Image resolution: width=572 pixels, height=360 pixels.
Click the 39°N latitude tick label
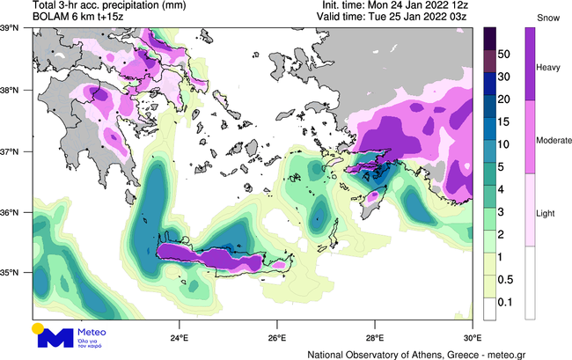(x=16, y=29)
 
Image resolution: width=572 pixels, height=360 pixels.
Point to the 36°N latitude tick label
(x=16, y=212)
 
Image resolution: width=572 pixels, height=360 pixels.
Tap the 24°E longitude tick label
(x=180, y=337)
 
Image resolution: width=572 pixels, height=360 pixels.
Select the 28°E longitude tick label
(x=375, y=337)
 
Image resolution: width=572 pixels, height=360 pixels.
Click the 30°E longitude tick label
(x=472, y=337)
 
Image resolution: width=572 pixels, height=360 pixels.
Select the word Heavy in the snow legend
(x=549, y=67)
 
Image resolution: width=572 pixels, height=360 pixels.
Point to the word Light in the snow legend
(x=547, y=214)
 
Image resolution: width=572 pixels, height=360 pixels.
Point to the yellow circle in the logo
(x=38, y=328)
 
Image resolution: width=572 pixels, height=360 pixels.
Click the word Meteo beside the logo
(x=92, y=332)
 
